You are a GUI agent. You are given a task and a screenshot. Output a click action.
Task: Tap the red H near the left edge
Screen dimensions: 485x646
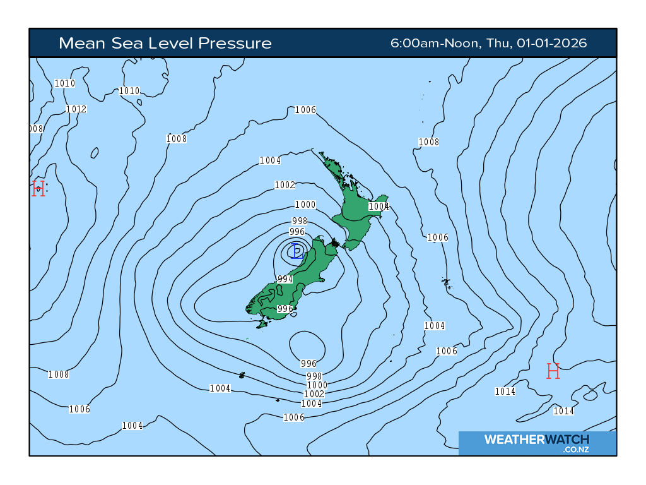click(x=38, y=188)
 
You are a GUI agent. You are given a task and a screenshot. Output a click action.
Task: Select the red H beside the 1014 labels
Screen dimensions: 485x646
click(x=553, y=371)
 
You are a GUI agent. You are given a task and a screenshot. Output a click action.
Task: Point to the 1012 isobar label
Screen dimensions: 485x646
click(x=76, y=109)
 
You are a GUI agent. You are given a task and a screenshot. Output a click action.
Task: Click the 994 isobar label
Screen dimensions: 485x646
click(x=285, y=279)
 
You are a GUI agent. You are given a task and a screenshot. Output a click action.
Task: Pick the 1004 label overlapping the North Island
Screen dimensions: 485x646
click(x=379, y=207)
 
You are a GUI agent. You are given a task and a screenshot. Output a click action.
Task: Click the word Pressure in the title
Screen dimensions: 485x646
click(x=235, y=44)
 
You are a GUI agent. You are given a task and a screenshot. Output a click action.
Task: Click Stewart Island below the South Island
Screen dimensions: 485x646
click(x=262, y=324)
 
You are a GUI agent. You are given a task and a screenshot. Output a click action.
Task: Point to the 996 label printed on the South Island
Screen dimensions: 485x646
click(x=285, y=309)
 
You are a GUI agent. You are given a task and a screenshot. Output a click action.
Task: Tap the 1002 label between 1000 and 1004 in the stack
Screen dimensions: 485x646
click(x=314, y=394)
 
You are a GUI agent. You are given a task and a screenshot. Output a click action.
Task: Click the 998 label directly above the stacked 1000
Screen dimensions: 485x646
click(x=314, y=376)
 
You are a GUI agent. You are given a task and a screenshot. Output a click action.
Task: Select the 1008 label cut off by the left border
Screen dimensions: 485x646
click(x=36, y=129)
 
